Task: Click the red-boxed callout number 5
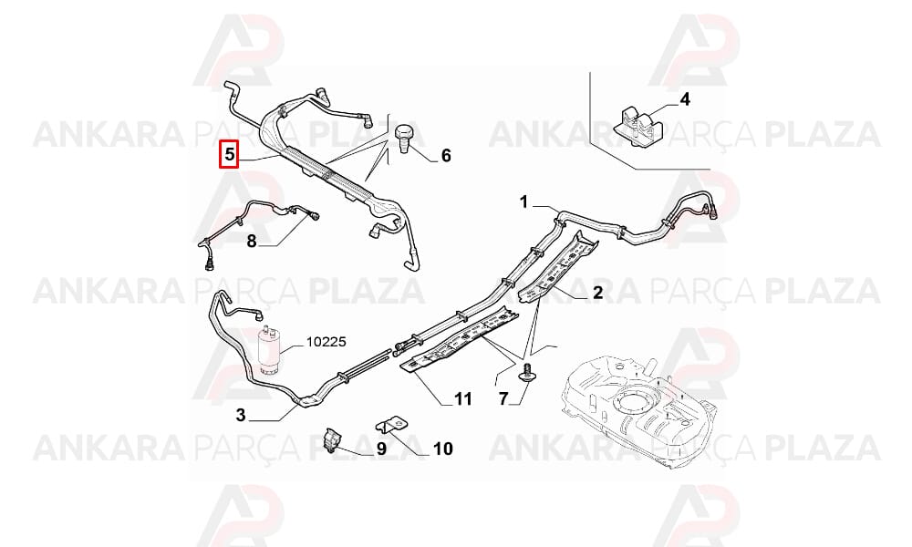pyautogui.click(x=229, y=155)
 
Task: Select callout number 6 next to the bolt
pyautogui.click(x=446, y=156)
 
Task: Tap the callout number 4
pyautogui.click(x=685, y=99)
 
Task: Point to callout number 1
pyautogui.click(x=524, y=202)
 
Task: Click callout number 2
pyautogui.click(x=597, y=293)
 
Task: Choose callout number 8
pyautogui.click(x=252, y=241)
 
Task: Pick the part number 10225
pyautogui.click(x=326, y=342)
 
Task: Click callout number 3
pyautogui.click(x=241, y=415)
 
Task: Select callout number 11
pyautogui.click(x=463, y=398)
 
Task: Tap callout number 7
pyautogui.click(x=503, y=398)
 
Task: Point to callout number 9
pyautogui.click(x=381, y=449)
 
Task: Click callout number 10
pyautogui.click(x=442, y=449)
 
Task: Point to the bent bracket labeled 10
pyautogui.click(x=395, y=423)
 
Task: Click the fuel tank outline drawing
pyautogui.click(x=640, y=410)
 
